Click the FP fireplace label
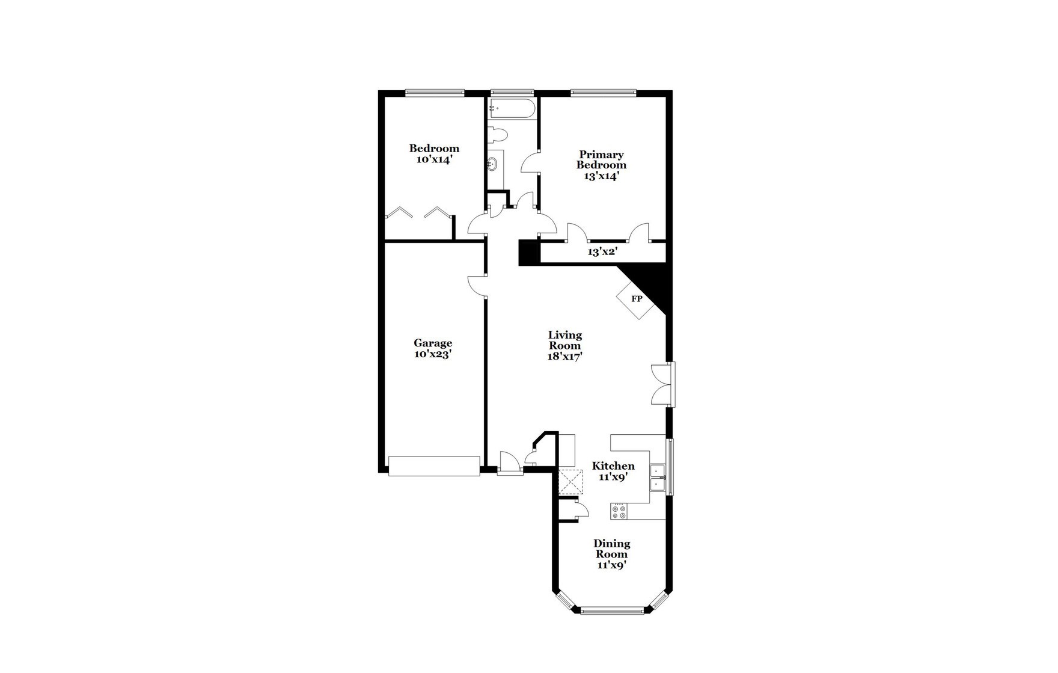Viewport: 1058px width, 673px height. click(636, 299)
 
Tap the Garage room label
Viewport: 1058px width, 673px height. click(433, 343)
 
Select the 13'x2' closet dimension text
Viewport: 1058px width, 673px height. click(602, 252)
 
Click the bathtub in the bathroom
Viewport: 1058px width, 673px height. click(511, 109)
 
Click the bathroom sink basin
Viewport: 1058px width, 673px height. click(492, 164)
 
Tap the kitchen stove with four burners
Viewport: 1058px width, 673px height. click(619, 511)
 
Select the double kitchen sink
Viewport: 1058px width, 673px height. click(658, 479)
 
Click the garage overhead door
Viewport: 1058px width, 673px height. click(434, 466)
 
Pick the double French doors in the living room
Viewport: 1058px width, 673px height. click(663, 384)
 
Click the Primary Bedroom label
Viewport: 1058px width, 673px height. click(601, 159)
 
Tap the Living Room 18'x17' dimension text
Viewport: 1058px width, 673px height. click(564, 356)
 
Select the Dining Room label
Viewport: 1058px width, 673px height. click(612, 549)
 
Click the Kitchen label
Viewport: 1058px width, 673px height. click(613, 466)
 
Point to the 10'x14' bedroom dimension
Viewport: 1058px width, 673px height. click(433, 159)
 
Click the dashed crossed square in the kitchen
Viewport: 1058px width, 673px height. click(570, 482)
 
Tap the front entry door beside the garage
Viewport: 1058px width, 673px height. click(510, 464)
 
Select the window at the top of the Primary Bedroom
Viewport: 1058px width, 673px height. click(603, 93)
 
